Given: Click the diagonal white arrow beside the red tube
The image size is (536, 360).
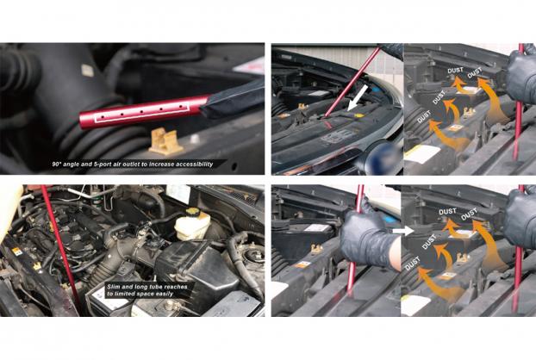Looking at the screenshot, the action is (358, 97).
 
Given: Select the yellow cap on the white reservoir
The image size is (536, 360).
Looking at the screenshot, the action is (192, 212).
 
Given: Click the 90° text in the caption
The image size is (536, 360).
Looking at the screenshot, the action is (58, 164).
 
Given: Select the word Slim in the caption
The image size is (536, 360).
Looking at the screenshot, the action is (114, 287).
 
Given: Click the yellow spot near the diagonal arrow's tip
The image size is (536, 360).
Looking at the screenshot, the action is (358, 115).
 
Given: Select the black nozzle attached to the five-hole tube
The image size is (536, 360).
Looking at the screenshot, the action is (233, 100).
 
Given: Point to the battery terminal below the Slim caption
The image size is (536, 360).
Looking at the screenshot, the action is (168, 303).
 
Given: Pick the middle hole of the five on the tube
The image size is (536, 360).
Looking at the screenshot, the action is (140, 112).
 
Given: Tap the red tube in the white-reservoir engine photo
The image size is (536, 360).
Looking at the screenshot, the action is (59, 246).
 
